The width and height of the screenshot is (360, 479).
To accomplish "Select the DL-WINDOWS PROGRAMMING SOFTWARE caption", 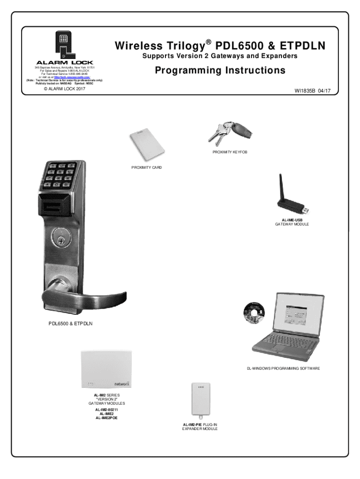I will tap(283, 369).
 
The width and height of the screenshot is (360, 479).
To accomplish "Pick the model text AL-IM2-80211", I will tap(103, 410).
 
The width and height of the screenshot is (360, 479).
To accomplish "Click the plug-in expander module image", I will tap(200, 400).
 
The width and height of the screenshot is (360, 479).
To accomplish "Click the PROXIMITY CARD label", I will tap(146, 167).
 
